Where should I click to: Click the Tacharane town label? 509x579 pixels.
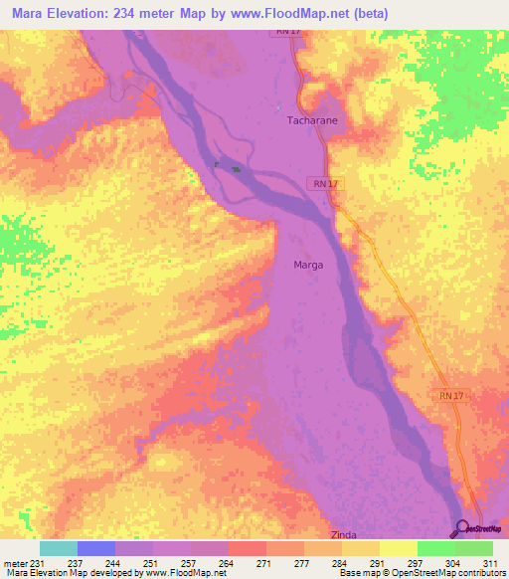[x=311, y=119]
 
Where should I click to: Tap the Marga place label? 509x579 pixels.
[x=308, y=265]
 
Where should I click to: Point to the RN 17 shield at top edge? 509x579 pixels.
[x=287, y=32]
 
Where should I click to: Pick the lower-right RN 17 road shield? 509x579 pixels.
[x=450, y=396]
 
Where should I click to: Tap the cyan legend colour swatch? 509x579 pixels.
[x=58, y=548]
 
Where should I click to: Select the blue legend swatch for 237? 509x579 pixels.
[x=96, y=548]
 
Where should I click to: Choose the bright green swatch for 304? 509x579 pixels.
[x=435, y=548]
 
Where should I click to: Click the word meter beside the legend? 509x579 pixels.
[x=15, y=564]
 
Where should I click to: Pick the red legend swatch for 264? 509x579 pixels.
[x=248, y=548]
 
